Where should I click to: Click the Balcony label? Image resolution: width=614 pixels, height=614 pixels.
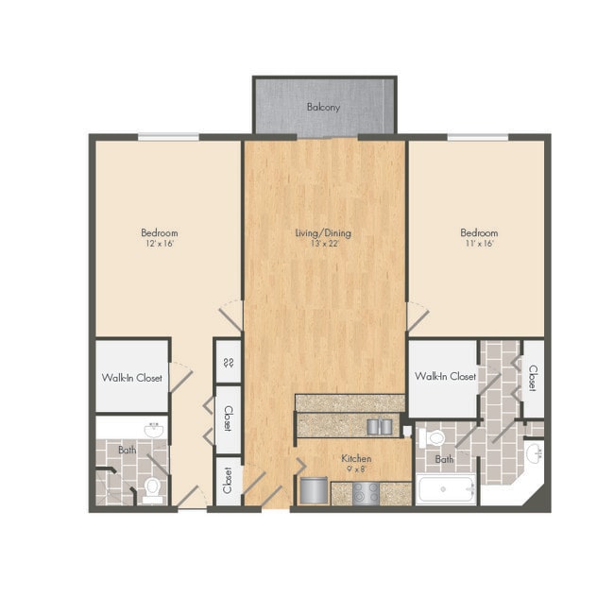(323, 108)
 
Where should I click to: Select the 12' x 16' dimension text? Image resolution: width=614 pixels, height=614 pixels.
(159, 244)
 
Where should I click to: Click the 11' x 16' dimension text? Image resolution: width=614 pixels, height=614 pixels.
(479, 244)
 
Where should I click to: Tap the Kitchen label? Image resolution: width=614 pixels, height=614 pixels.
(356, 458)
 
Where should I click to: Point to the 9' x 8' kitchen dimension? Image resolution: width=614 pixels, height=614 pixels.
(356, 469)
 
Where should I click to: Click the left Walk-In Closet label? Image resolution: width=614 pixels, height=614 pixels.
(132, 378)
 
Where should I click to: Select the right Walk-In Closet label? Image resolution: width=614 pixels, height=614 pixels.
(445, 377)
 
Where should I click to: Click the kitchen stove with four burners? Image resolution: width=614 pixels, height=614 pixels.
(366, 492)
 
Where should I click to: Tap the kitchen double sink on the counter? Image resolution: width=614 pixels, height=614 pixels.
(381, 426)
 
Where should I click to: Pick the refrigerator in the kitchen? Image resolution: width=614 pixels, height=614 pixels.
(314, 491)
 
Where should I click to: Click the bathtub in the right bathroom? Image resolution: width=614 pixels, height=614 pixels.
(447, 491)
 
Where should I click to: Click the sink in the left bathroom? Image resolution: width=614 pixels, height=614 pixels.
(151, 431)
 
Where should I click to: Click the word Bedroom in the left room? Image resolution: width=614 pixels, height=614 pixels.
(159, 232)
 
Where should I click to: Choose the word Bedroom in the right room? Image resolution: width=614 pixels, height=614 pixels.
(479, 232)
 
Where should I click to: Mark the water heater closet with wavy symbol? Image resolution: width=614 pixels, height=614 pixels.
(228, 362)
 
